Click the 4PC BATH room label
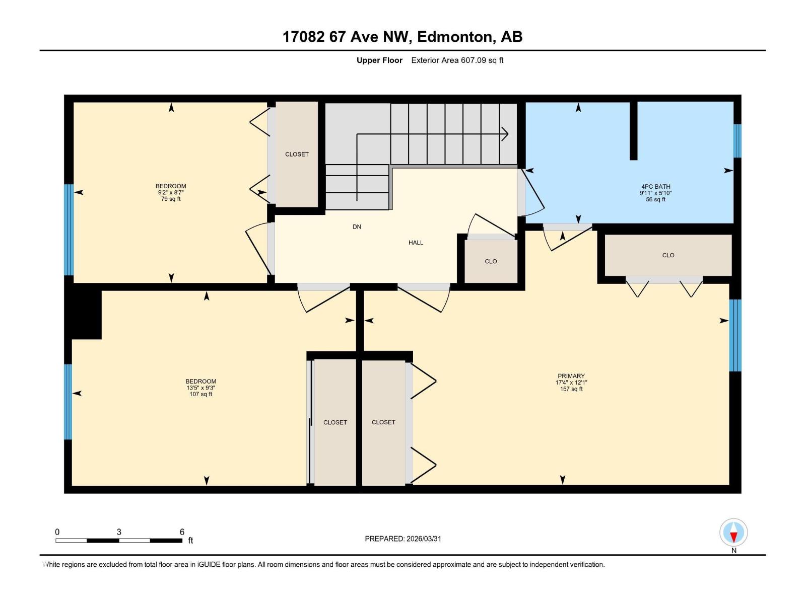coord(655,186)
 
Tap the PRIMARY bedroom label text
coord(571,376)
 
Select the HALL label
coord(416,243)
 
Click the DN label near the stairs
coord(357,227)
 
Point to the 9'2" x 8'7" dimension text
coord(171,193)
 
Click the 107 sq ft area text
coord(200,394)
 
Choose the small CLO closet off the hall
coord(491,261)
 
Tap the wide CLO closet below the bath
coord(668,255)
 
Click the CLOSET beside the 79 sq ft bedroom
coord(297,154)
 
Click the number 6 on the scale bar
coord(182,532)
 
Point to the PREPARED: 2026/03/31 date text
coord(403,539)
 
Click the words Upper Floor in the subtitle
coord(379,60)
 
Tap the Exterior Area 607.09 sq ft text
coord(457,60)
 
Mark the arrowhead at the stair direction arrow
coord(505,134)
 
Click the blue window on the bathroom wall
coord(737,141)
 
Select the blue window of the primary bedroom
coord(735,335)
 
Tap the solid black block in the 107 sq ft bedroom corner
coord(86,314)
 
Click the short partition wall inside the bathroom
coord(633,131)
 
